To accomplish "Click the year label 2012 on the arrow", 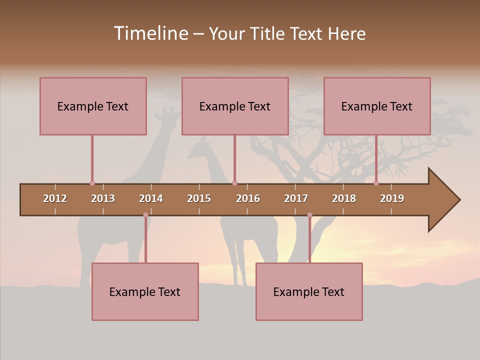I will click(x=55, y=198).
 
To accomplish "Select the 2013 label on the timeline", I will click(x=103, y=198).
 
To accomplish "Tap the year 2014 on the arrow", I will click(x=151, y=198).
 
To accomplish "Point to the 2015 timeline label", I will click(x=199, y=198).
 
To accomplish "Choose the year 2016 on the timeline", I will click(x=248, y=198).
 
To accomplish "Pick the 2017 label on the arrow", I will click(x=296, y=198).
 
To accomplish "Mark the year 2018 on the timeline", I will click(x=344, y=198).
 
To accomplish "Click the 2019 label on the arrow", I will click(x=392, y=198).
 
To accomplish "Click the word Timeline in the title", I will click(x=150, y=33).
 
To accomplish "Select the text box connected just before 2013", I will click(x=93, y=106).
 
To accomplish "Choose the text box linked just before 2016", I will click(x=235, y=106).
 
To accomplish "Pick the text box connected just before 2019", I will click(x=377, y=106).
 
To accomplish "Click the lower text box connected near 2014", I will click(x=145, y=291).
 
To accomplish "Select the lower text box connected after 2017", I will click(x=309, y=291).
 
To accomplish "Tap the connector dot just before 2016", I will click(x=234, y=183).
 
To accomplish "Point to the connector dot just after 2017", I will click(x=309, y=215).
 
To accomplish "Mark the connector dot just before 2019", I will click(x=376, y=183).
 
